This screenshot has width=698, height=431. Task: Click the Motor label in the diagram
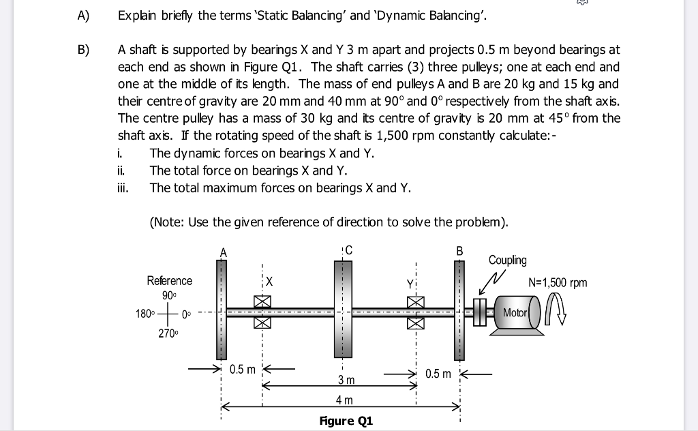tap(515, 312)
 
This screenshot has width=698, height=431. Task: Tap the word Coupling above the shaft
tap(507, 261)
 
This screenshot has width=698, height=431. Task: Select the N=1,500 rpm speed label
tap(558, 282)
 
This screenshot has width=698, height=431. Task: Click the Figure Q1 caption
tap(346, 421)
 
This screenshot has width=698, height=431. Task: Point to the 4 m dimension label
tap(345, 399)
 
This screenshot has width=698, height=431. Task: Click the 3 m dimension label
tap(346, 379)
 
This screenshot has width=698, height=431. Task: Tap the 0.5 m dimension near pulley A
tap(242, 370)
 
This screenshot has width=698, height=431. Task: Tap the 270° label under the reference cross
tap(168, 333)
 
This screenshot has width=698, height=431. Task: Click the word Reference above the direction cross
tap(170, 281)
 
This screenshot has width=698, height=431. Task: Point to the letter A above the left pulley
tap(221, 252)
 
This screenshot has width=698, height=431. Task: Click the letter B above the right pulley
tap(459, 251)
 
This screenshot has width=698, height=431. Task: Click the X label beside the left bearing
tap(269, 281)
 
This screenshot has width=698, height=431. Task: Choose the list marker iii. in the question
tap(123, 188)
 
